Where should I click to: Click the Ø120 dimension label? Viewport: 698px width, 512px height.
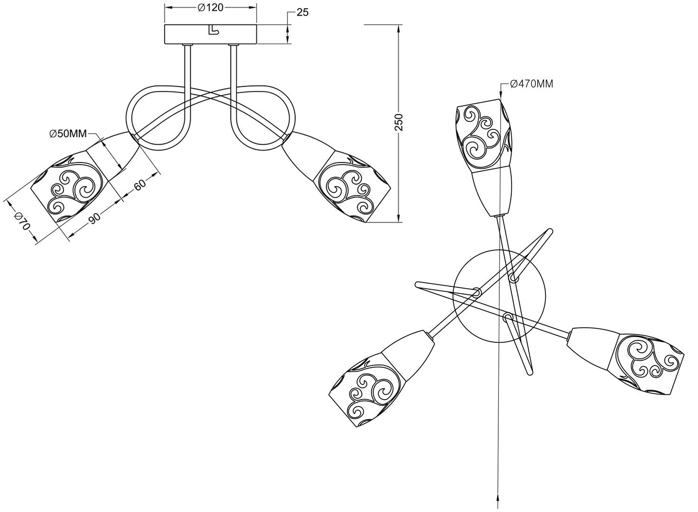pos(210,8)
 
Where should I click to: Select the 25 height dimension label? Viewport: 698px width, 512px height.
pos(302,13)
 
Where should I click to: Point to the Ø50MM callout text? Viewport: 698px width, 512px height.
pos(68,134)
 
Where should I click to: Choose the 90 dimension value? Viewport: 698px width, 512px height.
pos(94,218)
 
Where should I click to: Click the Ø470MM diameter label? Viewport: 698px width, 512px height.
pos(531,84)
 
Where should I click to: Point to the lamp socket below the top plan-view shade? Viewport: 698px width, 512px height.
pos(493,192)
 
